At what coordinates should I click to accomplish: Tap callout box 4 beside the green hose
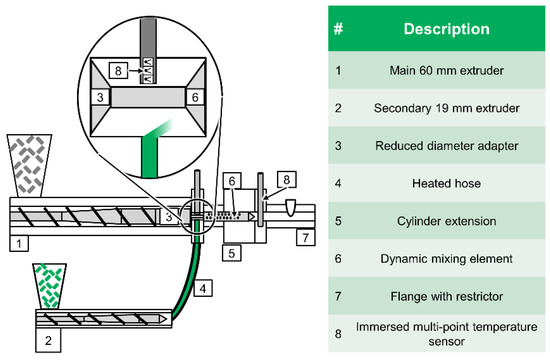pyautogui.click(x=203, y=289)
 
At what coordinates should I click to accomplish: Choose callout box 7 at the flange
pyautogui.click(x=303, y=241)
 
